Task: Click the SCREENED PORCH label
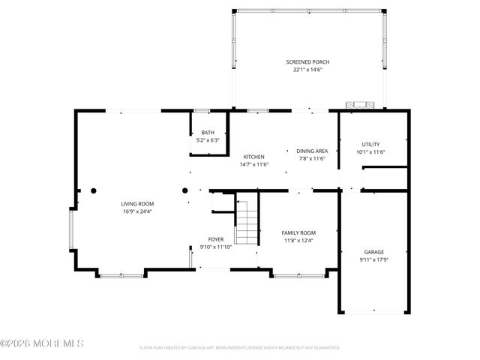307,62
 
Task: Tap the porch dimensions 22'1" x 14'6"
307,70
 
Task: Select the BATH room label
207,133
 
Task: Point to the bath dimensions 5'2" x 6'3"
207,140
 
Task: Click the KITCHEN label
253,157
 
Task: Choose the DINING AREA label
311,151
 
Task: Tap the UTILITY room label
370,145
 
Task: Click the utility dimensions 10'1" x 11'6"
370,152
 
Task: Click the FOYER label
216,239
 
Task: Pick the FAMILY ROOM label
298,233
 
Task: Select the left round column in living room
94,190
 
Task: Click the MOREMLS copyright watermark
42,343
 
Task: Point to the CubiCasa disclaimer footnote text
240,348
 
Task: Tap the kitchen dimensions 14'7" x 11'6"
253,164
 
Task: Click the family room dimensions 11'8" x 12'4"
298,241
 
